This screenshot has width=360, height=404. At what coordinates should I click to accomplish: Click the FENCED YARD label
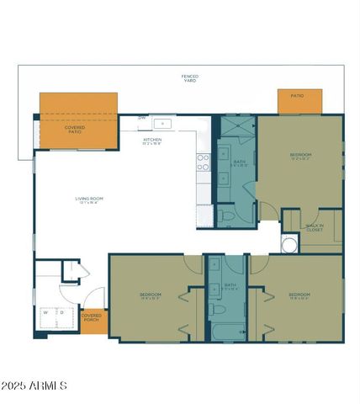point(190,78)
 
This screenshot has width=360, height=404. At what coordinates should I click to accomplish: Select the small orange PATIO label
point(297,96)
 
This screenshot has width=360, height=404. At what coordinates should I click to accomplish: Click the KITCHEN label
point(152,141)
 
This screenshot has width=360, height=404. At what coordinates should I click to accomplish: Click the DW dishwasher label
point(142,118)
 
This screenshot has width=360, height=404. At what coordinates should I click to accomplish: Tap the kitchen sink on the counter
point(165,124)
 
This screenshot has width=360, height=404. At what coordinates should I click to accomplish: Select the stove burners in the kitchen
point(203,162)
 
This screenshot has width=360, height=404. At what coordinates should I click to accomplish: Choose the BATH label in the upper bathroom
point(239,162)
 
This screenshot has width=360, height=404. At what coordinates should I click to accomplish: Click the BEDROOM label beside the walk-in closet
point(300,156)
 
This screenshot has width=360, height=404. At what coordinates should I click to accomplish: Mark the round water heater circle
point(289,245)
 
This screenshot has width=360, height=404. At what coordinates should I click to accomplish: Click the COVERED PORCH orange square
point(92,318)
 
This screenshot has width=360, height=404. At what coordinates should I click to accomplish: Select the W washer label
point(46,311)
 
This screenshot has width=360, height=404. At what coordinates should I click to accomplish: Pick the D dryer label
point(61,311)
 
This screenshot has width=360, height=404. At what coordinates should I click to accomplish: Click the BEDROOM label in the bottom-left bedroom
point(150,295)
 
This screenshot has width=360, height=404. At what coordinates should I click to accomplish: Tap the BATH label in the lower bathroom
point(230,286)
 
